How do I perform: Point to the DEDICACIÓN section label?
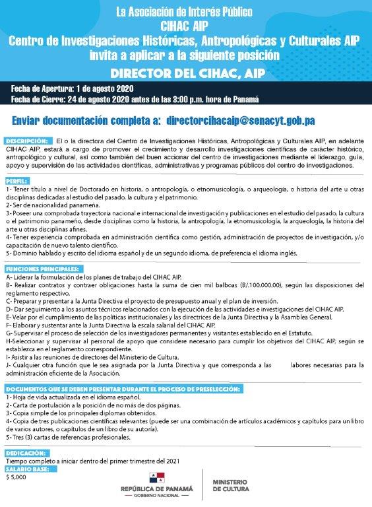click(25, 454)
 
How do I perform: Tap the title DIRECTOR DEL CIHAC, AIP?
click(186, 72)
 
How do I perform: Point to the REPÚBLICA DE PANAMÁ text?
click(157, 489)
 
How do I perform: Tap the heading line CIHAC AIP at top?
click(185, 26)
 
